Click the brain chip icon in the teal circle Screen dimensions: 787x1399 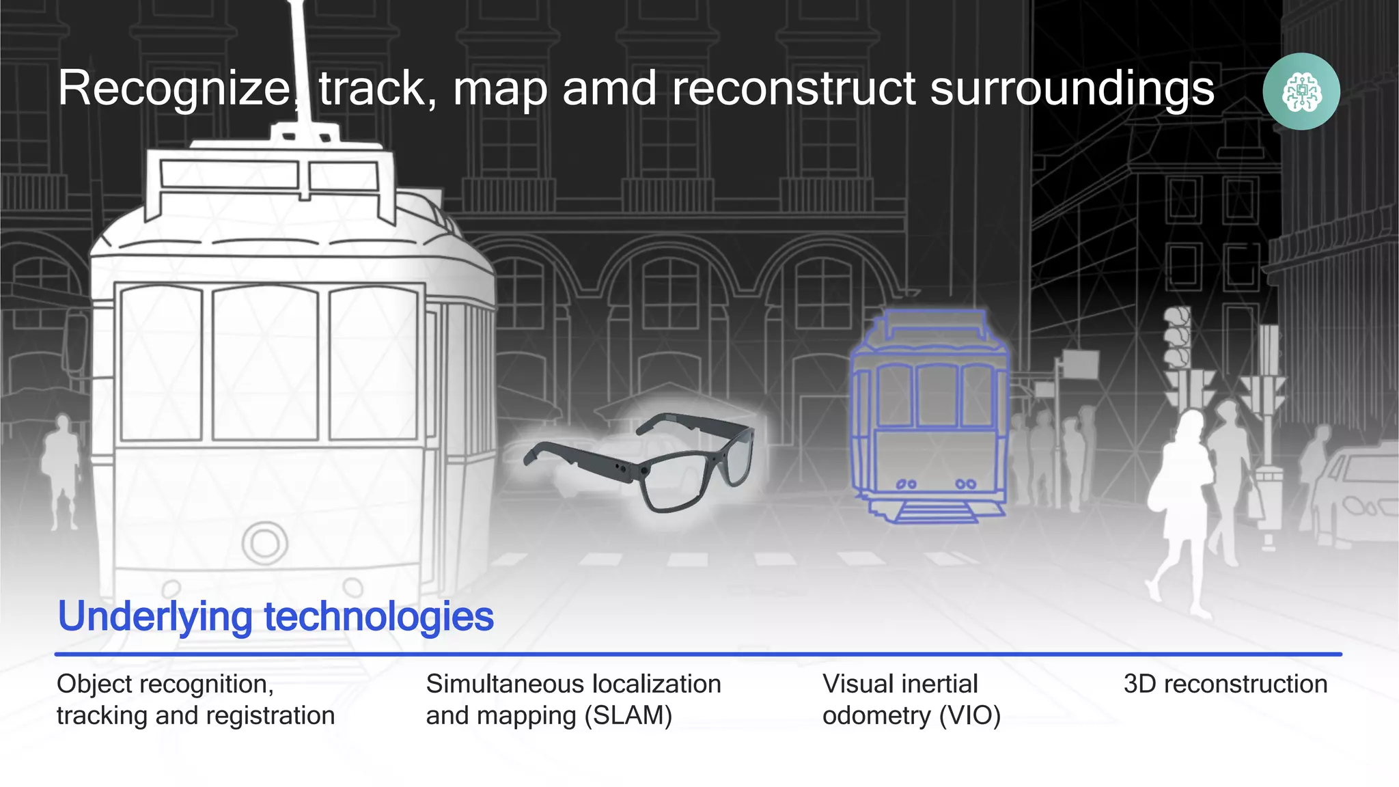(x=1301, y=92)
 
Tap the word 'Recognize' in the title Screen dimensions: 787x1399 (x=175, y=89)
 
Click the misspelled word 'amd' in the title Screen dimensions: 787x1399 (x=611, y=89)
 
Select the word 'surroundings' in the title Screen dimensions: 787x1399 (x=1072, y=89)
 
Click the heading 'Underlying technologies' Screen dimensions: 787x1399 (x=275, y=616)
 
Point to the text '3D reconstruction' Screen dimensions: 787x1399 (x=1225, y=684)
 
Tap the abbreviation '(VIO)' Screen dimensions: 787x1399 (x=969, y=715)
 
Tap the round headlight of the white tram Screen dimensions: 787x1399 (x=265, y=543)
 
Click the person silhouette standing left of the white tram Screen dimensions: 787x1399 (x=61, y=471)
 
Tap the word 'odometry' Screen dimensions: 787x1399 (x=876, y=715)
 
